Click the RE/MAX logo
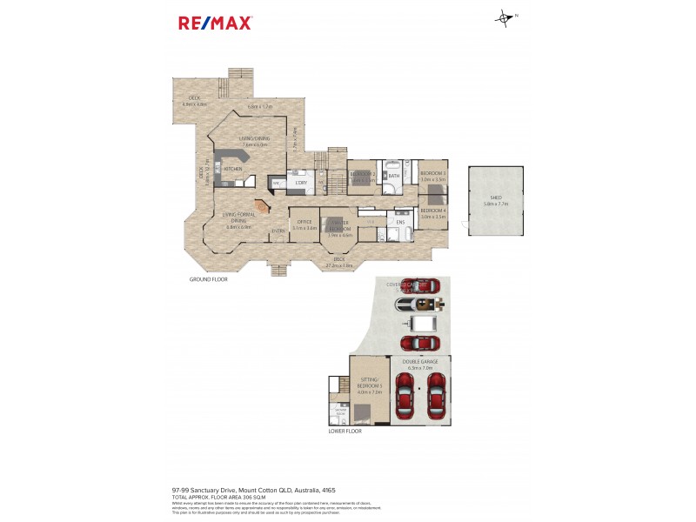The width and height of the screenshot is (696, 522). coord(215,23)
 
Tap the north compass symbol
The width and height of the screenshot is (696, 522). coord(505,17)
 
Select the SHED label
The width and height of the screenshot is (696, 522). coord(495,197)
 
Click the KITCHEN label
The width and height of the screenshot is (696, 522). coord(232,169)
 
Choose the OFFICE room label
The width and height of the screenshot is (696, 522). coord(304,222)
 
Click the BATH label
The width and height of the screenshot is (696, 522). coord(394,177)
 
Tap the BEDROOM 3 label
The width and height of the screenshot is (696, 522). coord(432,173)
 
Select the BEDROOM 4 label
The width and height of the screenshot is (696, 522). coord(432,211)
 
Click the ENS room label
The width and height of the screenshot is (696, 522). coord(400,222)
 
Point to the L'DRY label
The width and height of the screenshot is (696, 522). coord(301,182)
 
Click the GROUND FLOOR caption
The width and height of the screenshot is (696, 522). coord(208,279)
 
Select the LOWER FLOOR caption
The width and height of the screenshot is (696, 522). coord(345,431)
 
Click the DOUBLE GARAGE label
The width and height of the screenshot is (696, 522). coord(419,362)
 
